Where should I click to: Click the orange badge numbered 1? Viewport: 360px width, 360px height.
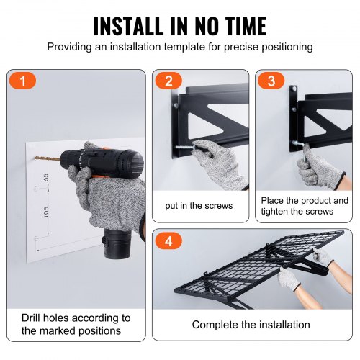click(x=24, y=81)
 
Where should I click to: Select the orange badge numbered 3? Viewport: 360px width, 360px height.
click(x=271, y=81)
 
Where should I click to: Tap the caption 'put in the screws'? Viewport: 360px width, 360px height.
click(x=199, y=206)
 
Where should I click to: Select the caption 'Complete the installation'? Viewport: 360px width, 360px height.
click(x=252, y=325)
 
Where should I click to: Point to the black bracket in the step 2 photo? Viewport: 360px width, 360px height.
click(x=209, y=108)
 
